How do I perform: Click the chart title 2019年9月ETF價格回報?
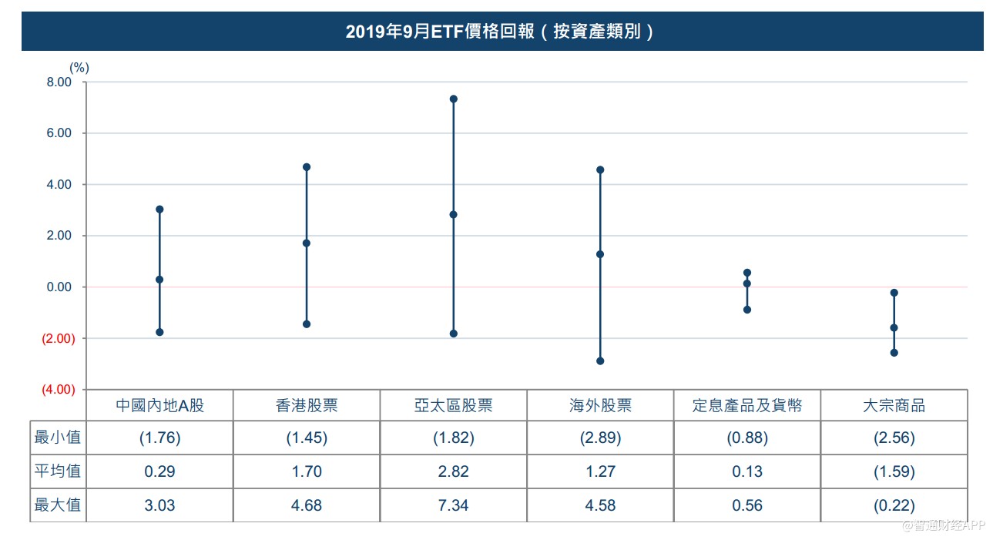501,32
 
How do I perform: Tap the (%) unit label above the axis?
79,68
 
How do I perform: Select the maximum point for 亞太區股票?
454,99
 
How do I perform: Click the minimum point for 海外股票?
600,361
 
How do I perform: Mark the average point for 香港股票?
307,243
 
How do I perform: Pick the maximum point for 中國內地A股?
159,210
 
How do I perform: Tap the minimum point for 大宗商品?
894,353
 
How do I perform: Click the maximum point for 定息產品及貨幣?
747,273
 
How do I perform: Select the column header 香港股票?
307,405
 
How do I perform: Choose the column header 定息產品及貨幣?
747,405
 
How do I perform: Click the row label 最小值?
58,438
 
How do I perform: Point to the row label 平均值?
58,471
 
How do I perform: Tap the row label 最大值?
58,505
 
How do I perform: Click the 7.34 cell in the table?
454,505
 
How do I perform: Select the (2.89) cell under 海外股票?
600,438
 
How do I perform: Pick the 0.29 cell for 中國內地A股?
159,471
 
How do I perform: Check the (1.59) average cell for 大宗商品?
894,471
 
